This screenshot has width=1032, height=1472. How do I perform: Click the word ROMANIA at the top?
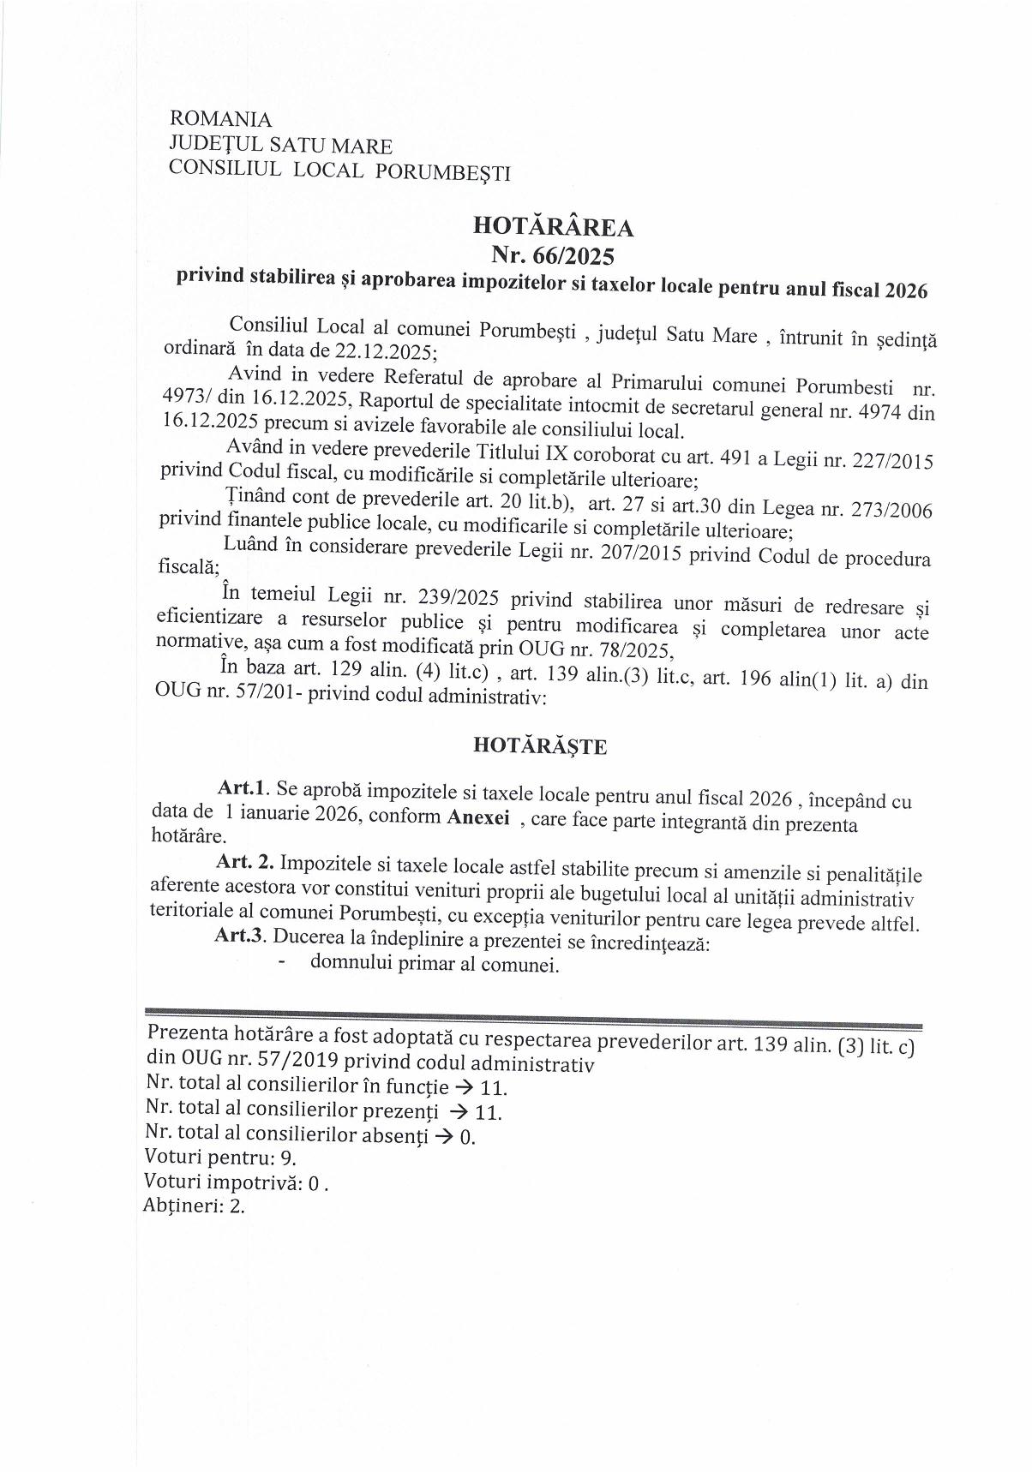point(221,119)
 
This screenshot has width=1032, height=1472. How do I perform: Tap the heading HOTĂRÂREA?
point(553,228)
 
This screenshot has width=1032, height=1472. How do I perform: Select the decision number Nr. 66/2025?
point(553,255)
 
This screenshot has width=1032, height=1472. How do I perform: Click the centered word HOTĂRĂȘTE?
point(540,746)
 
